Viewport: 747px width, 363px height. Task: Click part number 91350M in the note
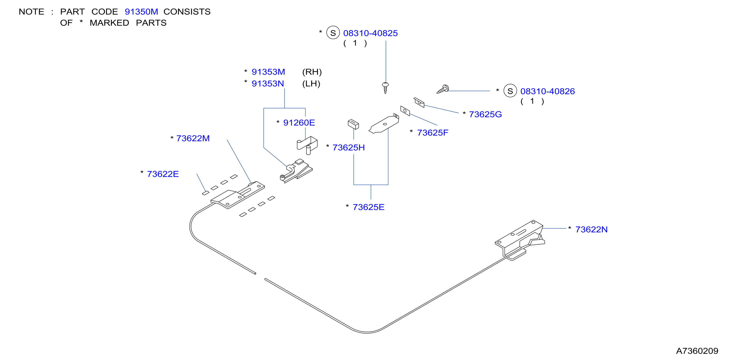pyautogui.click(x=141, y=11)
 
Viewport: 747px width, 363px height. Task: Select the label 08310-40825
pyautogui.click(x=370, y=33)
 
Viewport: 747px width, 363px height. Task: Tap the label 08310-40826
pyautogui.click(x=547, y=91)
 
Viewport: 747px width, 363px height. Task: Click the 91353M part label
pyautogui.click(x=268, y=72)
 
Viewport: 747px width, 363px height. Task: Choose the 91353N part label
pyautogui.click(x=268, y=84)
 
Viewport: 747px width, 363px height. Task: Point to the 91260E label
pyautogui.click(x=299, y=123)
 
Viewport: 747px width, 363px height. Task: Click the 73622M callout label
pyautogui.click(x=193, y=138)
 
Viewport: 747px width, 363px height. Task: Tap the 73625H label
pyautogui.click(x=349, y=148)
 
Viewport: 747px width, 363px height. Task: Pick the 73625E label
pyautogui.click(x=368, y=207)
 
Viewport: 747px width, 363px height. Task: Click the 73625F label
pyautogui.click(x=433, y=133)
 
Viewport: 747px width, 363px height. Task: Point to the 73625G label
pyautogui.click(x=486, y=114)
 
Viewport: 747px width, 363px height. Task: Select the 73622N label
pyautogui.click(x=591, y=229)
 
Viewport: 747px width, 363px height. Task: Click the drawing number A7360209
pyautogui.click(x=697, y=351)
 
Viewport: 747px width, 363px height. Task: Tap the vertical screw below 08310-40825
pyautogui.click(x=385, y=88)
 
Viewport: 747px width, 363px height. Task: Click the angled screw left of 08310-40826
pyautogui.click(x=443, y=89)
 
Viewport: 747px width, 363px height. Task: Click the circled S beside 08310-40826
pyautogui.click(x=510, y=91)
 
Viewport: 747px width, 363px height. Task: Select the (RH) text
pyautogui.click(x=312, y=72)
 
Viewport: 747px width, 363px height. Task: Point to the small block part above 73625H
pyautogui.click(x=353, y=124)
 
